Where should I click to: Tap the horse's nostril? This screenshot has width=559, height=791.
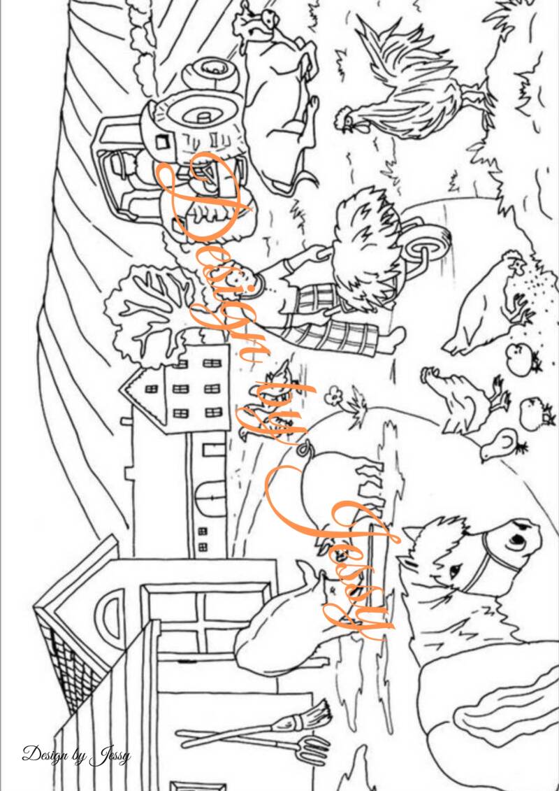pos(515,541)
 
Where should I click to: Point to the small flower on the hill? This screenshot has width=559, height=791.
pos(333,396)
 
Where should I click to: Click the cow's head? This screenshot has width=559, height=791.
pos(257,22)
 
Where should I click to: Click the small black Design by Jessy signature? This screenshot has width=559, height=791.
pos(76,755)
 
